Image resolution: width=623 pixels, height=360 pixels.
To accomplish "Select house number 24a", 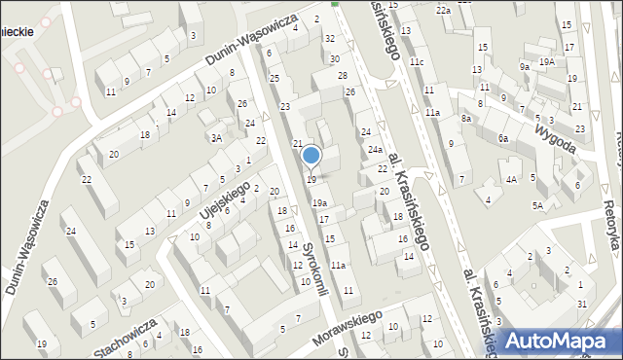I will (375, 150).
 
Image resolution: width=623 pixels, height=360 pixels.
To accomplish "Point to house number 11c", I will (417, 62).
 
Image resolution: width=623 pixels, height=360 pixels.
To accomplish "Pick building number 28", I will (343, 75).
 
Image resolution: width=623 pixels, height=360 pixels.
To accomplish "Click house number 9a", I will (525, 66).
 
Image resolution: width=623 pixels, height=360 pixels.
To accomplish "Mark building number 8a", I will (467, 118).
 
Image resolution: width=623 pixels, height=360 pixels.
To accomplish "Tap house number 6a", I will (503, 138).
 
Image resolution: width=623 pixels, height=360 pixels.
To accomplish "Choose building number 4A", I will (511, 179).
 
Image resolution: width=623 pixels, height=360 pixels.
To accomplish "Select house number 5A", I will (536, 205).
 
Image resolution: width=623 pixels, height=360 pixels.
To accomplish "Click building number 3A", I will (218, 138).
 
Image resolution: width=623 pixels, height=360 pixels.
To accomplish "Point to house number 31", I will (581, 305).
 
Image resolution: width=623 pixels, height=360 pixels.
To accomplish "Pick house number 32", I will (330, 38).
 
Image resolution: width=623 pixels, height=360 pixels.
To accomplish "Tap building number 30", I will (334, 59).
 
